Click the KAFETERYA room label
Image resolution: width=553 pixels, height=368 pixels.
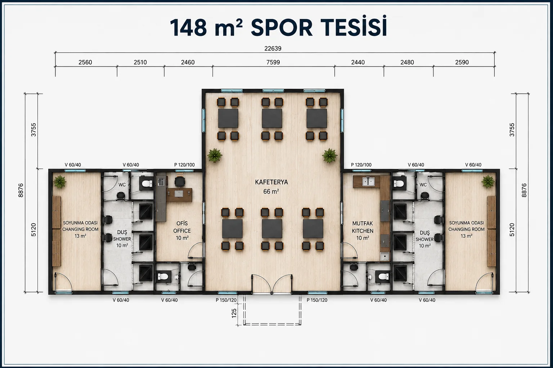(x=271, y=183)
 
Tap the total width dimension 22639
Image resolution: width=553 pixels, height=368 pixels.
(x=273, y=49)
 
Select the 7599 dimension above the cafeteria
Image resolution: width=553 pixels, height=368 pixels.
(x=273, y=63)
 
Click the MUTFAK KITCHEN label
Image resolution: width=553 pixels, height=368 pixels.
(x=363, y=227)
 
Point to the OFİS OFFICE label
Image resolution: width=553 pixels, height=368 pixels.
(x=182, y=227)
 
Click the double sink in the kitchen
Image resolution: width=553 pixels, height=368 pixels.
(x=368, y=182)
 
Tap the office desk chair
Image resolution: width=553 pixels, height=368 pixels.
(x=180, y=181)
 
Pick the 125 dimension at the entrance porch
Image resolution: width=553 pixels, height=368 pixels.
(x=234, y=313)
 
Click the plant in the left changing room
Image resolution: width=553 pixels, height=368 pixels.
(x=60, y=182)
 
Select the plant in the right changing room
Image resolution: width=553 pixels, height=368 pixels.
(x=488, y=181)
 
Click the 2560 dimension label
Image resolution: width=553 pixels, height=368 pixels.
(x=85, y=63)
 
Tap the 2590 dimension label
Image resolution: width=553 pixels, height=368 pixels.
(x=462, y=63)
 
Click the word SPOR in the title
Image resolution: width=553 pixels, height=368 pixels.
(x=282, y=28)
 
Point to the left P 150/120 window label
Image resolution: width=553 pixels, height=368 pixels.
(x=226, y=300)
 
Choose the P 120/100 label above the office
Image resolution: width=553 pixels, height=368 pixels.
(x=184, y=165)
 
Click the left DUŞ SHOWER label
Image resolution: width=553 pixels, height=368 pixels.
(x=122, y=236)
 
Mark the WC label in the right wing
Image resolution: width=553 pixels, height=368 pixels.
(x=423, y=185)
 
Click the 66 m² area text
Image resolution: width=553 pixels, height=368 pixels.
(x=271, y=192)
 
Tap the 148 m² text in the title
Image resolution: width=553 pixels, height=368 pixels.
(x=206, y=28)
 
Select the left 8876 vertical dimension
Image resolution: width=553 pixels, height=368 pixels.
(x=21, y=190)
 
